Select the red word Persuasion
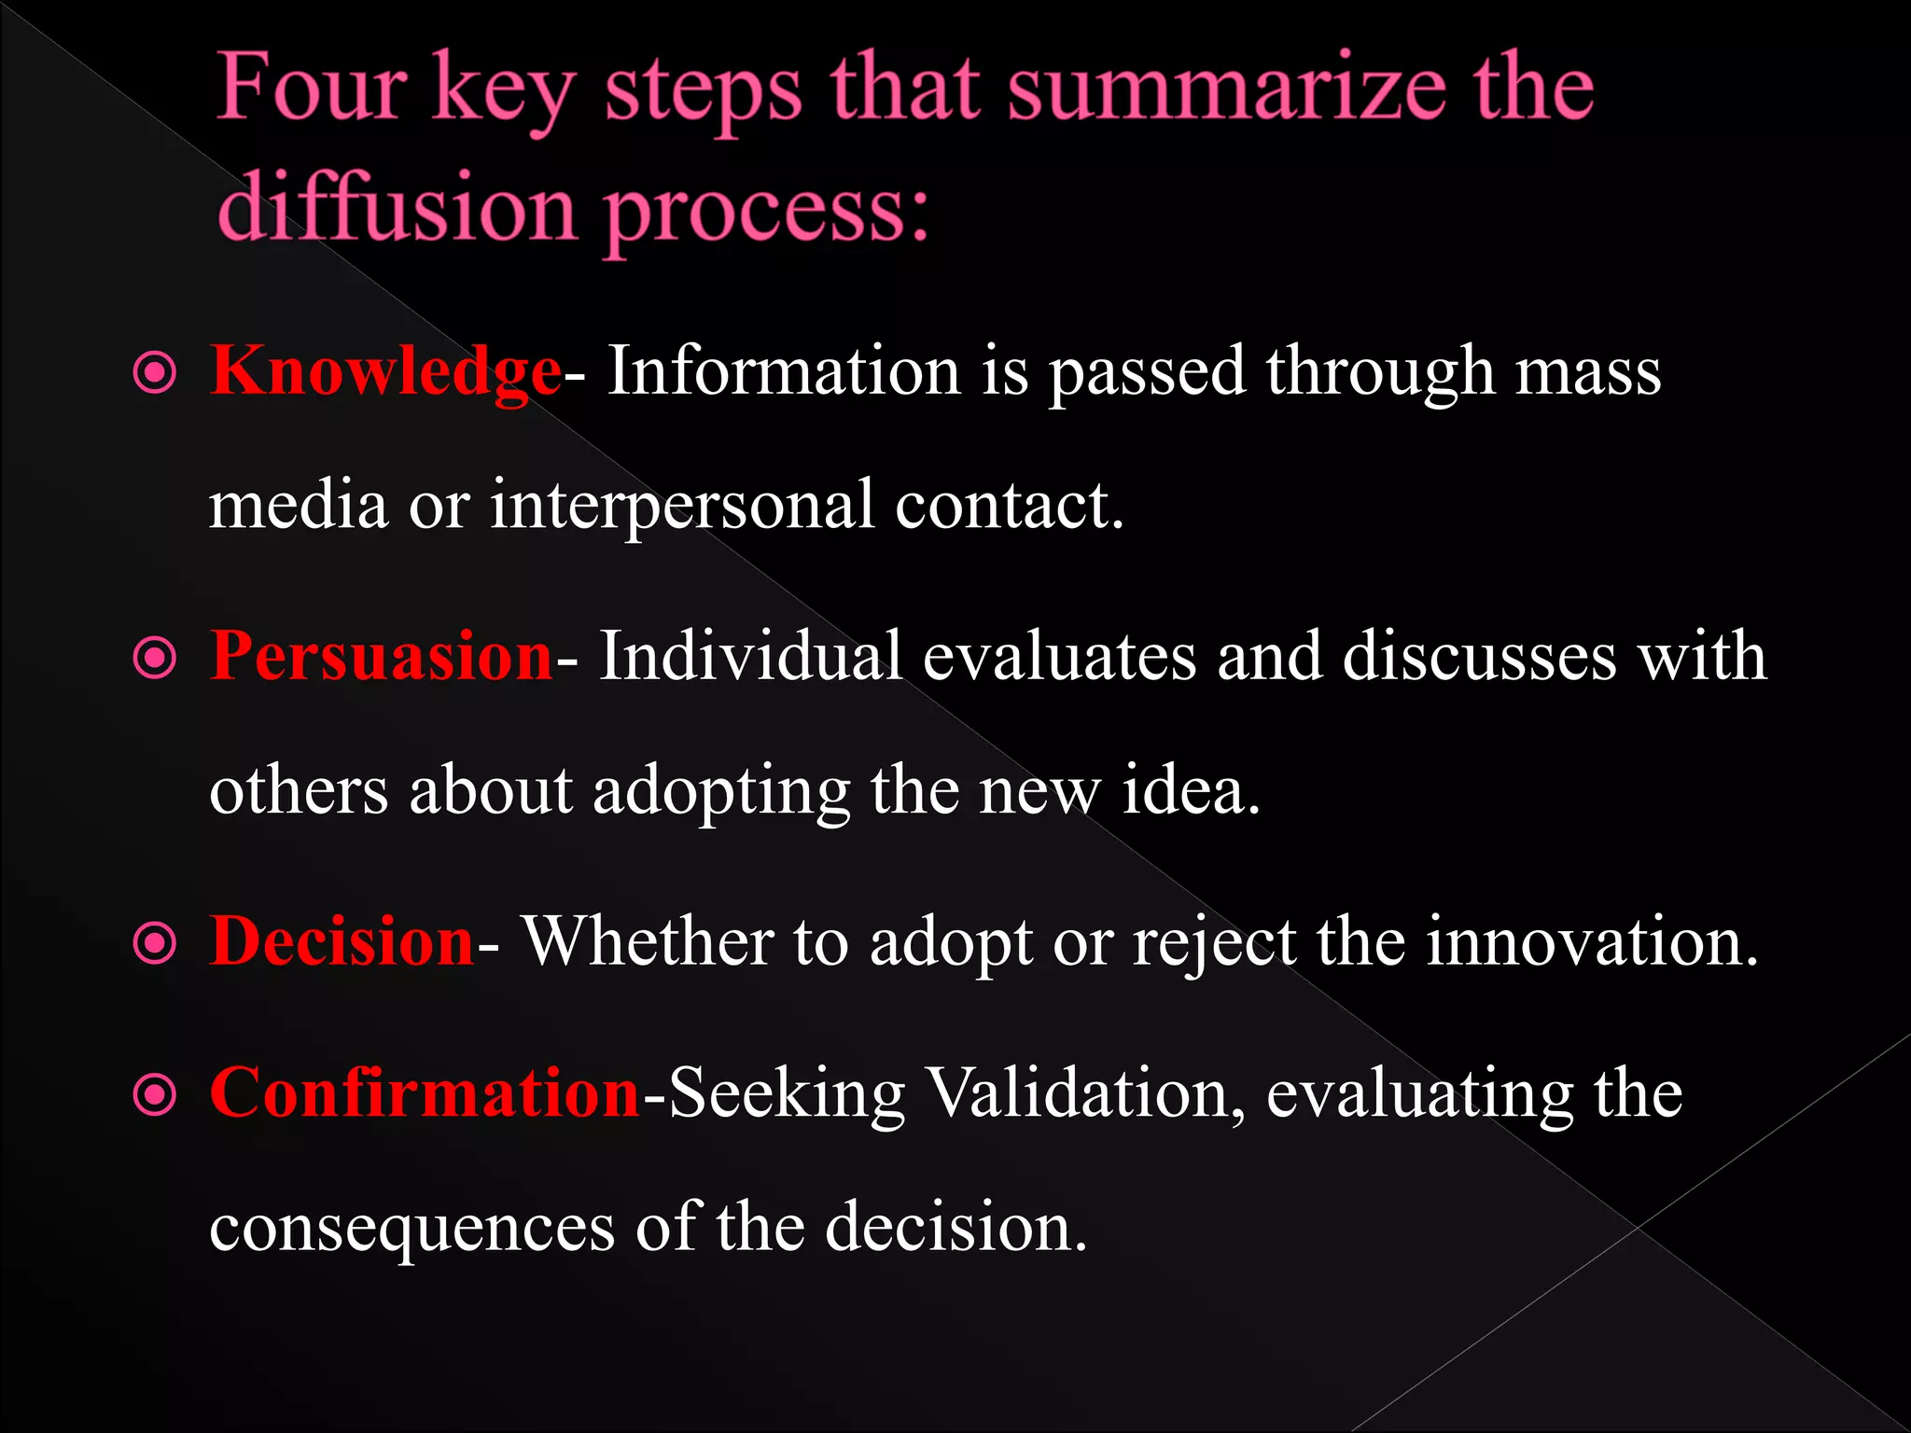[382, 656]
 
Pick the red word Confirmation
[425, 1092]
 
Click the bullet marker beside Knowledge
[155, 374]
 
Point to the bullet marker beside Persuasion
[155, 659]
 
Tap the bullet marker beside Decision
[155, 943]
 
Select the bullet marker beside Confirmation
[155, 1095]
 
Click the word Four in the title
[312, 89]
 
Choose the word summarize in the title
[1228, 89]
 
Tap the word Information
[784, 371]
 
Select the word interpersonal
[682, 507]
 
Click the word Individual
[750, 656]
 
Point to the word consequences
[411, 1228]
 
